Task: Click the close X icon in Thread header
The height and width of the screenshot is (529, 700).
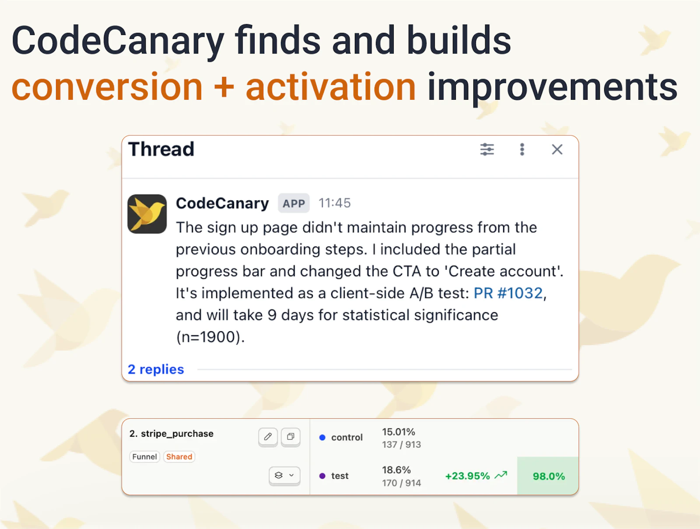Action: [x=557, y=150]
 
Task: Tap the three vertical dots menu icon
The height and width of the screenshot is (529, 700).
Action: [x=522, y=150]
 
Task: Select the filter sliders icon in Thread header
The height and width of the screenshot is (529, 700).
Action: [x=487, y=150]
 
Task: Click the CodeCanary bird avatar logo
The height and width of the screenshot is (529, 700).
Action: [x=147, y=214]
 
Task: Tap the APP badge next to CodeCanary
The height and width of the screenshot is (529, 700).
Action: [x=294, y=203]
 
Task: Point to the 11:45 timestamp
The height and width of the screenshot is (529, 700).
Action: [x=334, y=203]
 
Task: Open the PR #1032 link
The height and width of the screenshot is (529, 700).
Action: [x=508, y=293]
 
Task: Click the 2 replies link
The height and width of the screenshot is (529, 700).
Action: [x=156, y=369]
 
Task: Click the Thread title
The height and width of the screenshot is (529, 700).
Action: [x=161, y=149]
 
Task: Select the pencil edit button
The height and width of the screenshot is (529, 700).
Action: [x=268, y=437]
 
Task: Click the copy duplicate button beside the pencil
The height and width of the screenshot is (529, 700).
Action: [x=290, y=437]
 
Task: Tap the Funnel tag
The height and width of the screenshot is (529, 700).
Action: [x=144, y=457]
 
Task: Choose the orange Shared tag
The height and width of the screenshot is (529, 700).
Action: [x=179, y=457]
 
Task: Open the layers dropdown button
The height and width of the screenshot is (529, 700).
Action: [x=284, y=475]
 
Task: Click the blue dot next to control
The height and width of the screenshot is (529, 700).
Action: [x=322, y=437]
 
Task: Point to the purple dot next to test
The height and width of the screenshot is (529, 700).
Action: [x=322, y=476]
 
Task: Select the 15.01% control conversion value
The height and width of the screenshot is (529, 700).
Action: [x=398, y=432]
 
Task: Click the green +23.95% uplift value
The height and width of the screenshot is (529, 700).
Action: [x=467, y=476]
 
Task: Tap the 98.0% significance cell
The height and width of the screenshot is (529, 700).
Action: [x=548, y=476]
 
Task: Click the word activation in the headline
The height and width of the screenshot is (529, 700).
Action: [x=330, y=87]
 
